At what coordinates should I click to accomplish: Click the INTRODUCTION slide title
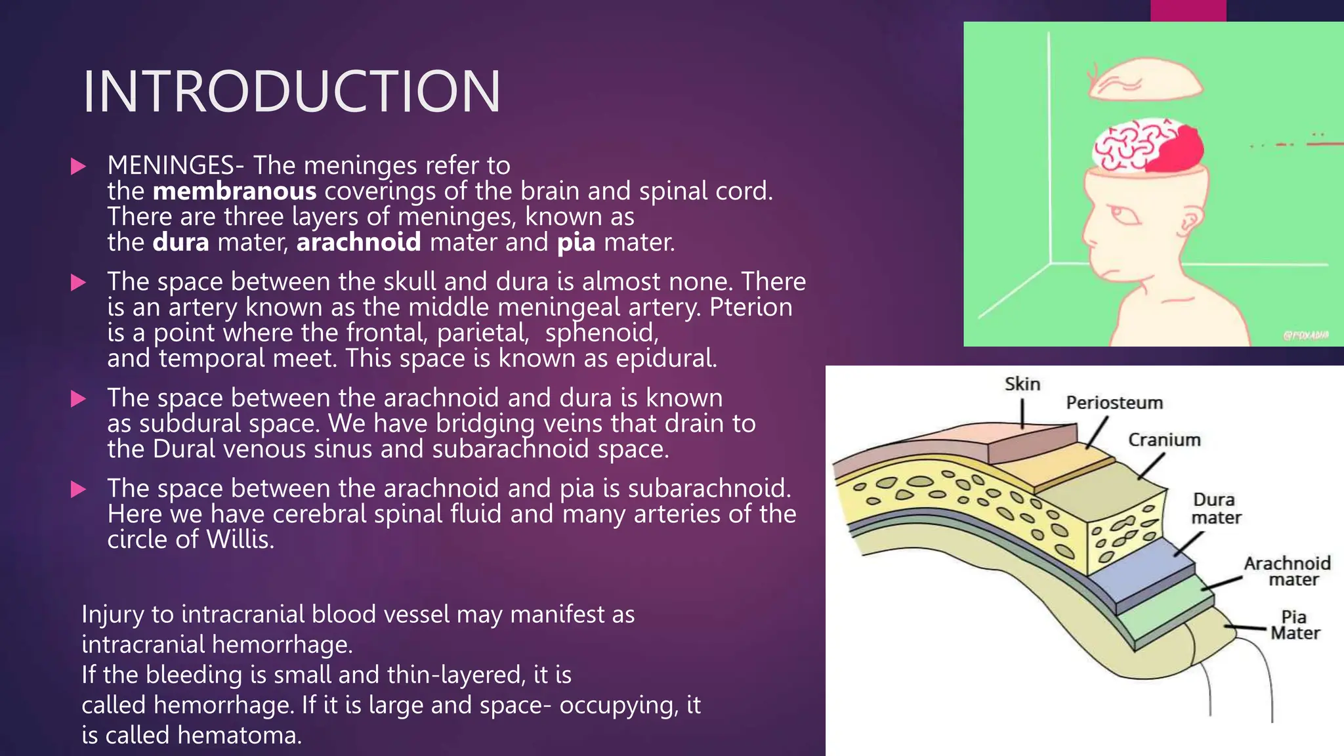pos(291,92)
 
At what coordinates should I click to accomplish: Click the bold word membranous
pos(234,191)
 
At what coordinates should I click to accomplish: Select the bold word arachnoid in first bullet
pos(358,242)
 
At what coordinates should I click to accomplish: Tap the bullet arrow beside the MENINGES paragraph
pos(78,166)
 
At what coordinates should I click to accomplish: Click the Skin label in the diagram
pos(1022,384)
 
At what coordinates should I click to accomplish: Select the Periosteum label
pos(1114,402)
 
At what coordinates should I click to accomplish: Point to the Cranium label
pos(1164,440)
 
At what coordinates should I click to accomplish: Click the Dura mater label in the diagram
pos(1215,509)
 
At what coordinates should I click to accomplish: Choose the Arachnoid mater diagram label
pos(1287,571)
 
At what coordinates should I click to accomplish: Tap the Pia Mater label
pos(1294,625)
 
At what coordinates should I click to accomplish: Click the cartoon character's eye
pos(1126,215)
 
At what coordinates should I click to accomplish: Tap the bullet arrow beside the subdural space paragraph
pos(78,398)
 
